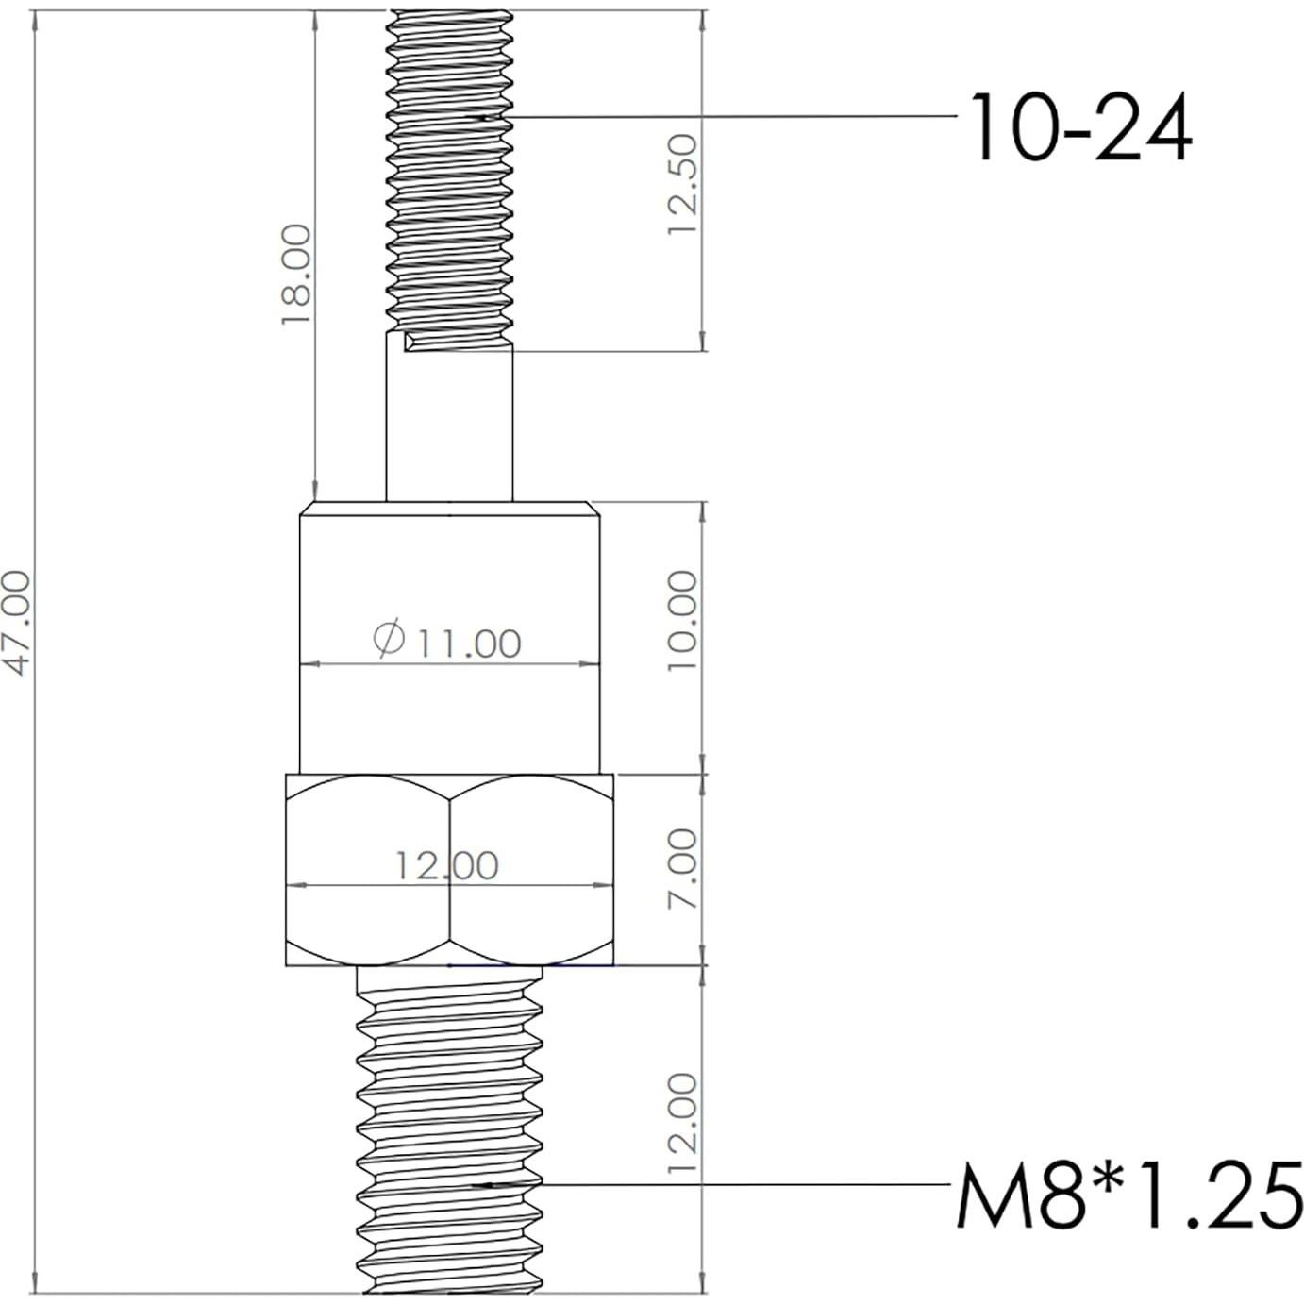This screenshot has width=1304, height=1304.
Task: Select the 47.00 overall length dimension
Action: click(18, 623)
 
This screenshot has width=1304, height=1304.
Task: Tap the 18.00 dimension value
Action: click(296, 276)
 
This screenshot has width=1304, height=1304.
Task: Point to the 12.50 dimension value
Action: click(682, 185)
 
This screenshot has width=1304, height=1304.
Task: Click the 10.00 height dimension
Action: click(682, 621)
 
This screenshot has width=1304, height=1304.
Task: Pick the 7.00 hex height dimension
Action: click(682, 869)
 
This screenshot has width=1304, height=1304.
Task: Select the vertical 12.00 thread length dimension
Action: click(682, 1123)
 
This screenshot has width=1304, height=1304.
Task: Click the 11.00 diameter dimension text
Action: click(469, 644)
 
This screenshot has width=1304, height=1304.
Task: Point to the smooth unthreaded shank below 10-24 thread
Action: click(449, 425)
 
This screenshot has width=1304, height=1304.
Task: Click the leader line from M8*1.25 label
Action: click(745, 1184)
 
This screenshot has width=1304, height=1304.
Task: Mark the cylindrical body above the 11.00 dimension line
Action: click(449, 576)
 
